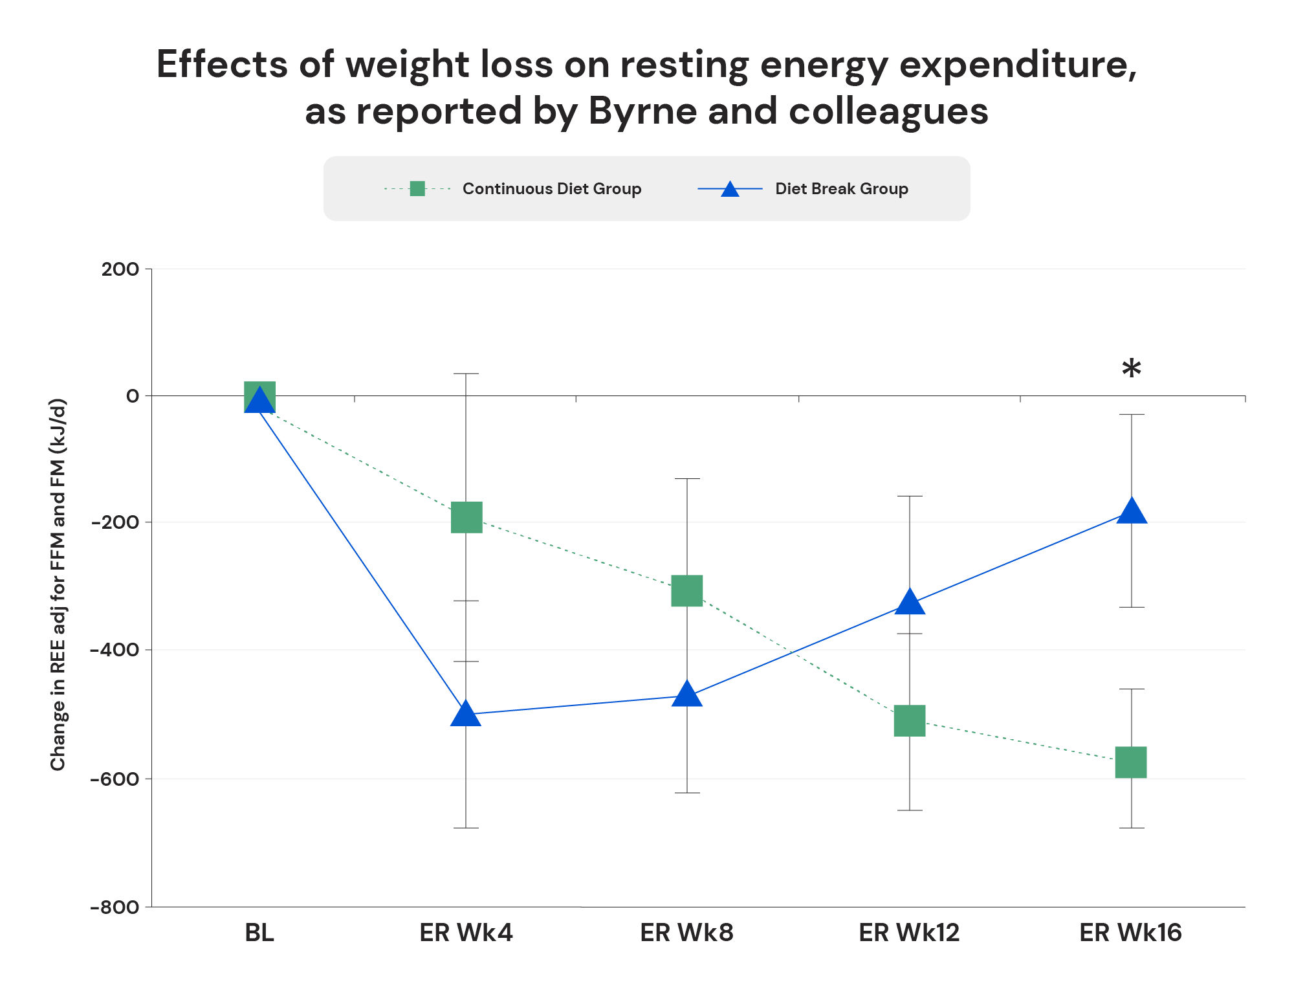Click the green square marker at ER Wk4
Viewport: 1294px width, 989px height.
click(x=466, y=517)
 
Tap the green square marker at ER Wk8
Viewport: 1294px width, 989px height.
click(x=687, y=590)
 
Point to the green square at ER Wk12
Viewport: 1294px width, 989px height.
click(x=910, y=720)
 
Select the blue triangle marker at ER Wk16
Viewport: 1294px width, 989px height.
click(x=1132, y=511)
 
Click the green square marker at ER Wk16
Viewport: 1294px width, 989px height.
click(x=1131, y=762)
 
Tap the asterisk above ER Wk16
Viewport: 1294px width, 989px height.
click(x=1131, y=370)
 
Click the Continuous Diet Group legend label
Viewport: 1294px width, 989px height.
click(x=551, y=189)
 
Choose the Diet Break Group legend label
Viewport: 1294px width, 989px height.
click(x=841, y=189)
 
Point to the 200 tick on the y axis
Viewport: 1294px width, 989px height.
click(x=120, y=269)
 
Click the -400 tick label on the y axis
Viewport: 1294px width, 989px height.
click(x=115, y=649)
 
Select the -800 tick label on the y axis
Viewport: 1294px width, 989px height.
click(x=115, y=907)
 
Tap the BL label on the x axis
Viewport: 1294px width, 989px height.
click(x=259, y=933)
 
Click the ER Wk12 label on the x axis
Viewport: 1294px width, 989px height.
click(x=909, y=933)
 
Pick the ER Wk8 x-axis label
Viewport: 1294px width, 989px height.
click(x=686, y=933)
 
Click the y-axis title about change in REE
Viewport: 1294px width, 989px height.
click(x=58, y=584)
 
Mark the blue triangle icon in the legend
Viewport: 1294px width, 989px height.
click(x=730, y=189)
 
